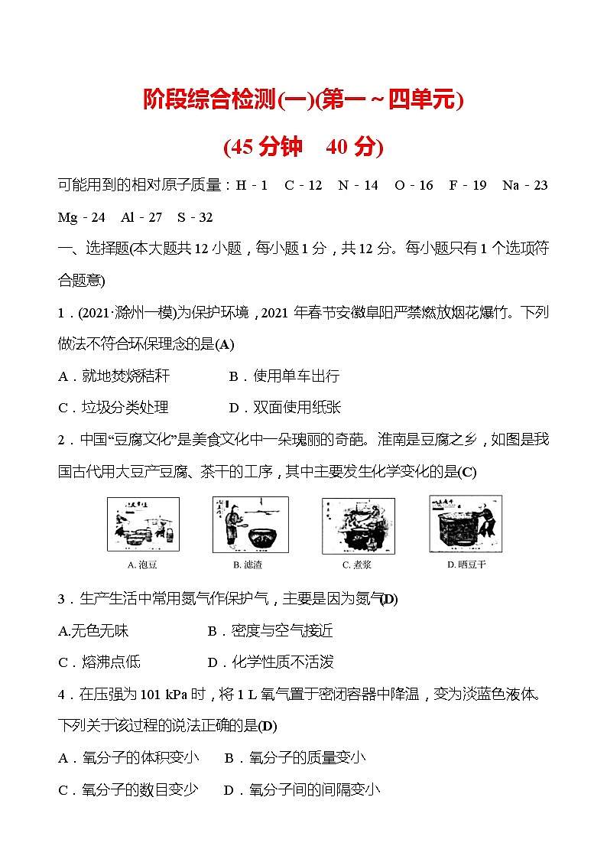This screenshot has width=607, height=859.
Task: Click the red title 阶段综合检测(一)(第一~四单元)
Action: coord(303,100)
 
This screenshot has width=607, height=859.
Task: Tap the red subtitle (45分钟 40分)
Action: coord(303,146)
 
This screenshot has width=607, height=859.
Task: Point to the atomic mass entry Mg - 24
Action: coord(82,217)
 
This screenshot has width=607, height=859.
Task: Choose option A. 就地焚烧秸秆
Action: coord(114,376)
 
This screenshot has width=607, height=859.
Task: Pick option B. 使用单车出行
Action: coord(284,376)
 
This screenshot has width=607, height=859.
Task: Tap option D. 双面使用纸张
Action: coord(284,408)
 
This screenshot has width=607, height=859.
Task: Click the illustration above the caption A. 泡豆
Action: coord(143,524)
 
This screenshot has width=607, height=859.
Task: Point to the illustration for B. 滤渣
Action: coord(250,524)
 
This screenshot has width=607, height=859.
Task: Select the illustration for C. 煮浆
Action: coord(358,525)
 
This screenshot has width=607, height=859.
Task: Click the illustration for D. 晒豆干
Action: coord(466,523)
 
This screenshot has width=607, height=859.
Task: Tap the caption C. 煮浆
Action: coord(357,565)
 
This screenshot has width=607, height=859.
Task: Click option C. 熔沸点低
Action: coord(99,662)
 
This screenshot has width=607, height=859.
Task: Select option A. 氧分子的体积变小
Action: coord(128,757)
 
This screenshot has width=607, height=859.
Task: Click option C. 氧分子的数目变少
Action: coord(128,790)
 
